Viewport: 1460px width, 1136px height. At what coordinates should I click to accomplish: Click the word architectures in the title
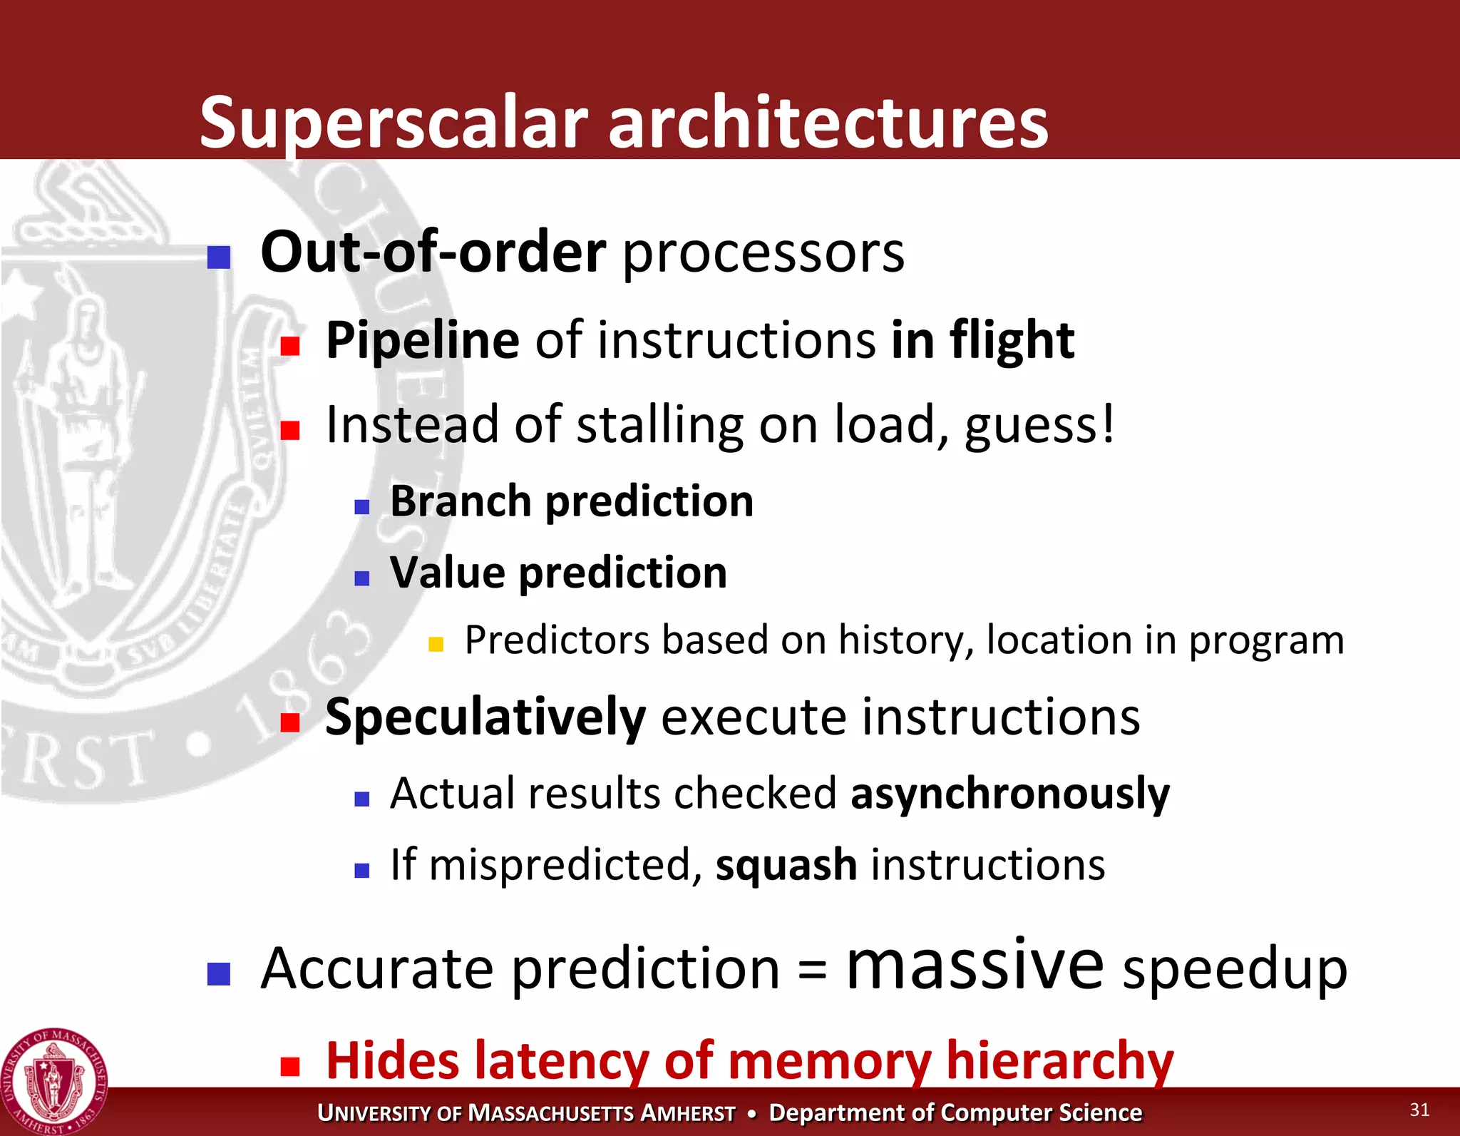[828, 123]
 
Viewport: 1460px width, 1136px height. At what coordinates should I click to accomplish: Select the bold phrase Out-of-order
[433, 252]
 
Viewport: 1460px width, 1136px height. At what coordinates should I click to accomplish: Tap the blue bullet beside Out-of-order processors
[219, 257]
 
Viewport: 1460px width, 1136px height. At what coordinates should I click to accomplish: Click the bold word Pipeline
[422, 340]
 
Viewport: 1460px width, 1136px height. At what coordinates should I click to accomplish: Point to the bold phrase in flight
[982, 340]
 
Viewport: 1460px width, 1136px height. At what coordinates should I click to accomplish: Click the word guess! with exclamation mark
[1039, 426]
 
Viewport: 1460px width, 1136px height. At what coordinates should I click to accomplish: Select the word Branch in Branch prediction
[461, 501]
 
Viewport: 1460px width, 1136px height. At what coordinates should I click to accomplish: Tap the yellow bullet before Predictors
[436, 645]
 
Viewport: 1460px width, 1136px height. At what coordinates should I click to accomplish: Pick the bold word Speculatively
[485, 717]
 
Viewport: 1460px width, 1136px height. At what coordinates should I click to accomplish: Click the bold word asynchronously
[1009, 794]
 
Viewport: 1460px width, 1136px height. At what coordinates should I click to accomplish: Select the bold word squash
[786, 865]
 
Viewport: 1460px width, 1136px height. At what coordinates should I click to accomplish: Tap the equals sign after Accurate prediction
[812, 970]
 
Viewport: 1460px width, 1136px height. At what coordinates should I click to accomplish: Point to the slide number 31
[1419, 1110]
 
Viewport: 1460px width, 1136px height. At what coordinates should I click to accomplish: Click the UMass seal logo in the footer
[54, 1081]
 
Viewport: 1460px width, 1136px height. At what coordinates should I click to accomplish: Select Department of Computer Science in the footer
[955, 1112]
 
